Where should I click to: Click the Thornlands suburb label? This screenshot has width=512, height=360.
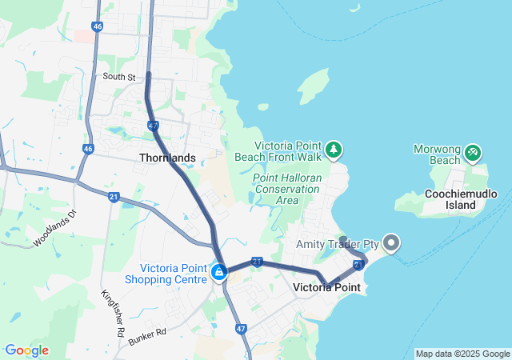pyautogui.click(x=167, y=158)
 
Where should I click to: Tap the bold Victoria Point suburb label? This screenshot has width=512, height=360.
pyautogui.click(x=326, y=287)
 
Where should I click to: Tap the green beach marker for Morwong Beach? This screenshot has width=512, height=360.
pyautogui.click(x=473, y=150)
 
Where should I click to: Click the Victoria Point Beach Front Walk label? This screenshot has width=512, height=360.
pyautogui.click(x=288, y=151)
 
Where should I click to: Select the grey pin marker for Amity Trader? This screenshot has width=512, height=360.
pyautogui.click(x=391, y=241)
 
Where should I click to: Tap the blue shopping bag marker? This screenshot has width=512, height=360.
pyautogui.click(x=218, y=272)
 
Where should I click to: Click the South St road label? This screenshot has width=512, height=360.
pyautogui.click(x=119, y=77)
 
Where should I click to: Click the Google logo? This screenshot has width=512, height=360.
pyautogui.click(x=26, y=350)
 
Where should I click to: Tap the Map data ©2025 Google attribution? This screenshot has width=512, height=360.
pyautogui.click(x=462, y=354)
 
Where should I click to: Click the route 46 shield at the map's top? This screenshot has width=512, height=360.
pyautogui.click(x=97, y=26)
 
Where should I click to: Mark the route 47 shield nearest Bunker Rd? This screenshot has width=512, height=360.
pyautogui.click(x=240, y=328)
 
